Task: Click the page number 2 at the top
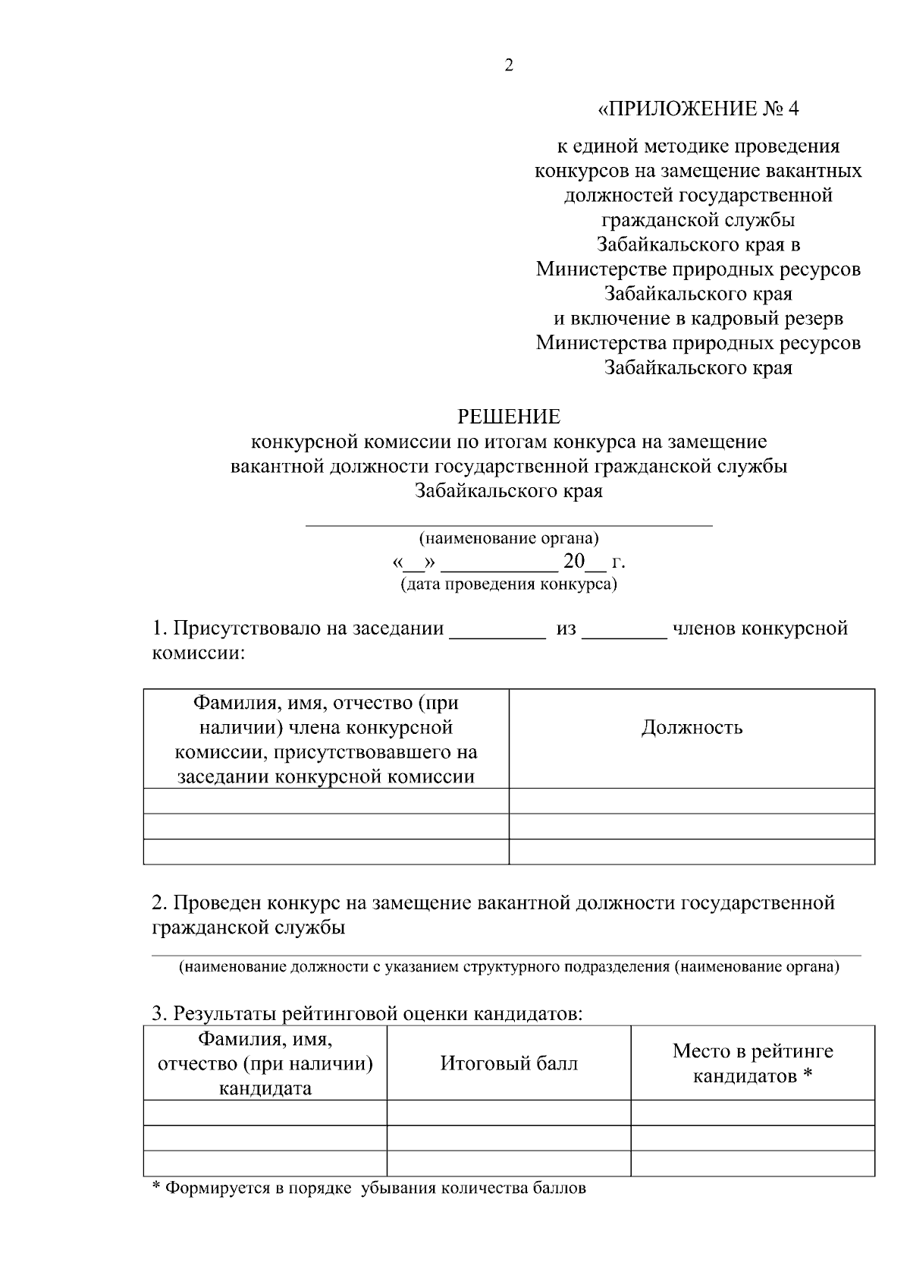pos(509,66)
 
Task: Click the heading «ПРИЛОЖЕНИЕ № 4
pos(698,109)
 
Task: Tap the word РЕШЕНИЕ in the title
pos(509,417)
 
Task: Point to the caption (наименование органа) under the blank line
pos(509,539)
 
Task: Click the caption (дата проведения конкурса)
pos(509,584)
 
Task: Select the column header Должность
pos(692,728)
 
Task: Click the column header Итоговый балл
pos(509,1063)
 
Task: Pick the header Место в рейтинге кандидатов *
pos(752,1063)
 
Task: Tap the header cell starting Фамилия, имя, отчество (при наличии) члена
pos(326,739)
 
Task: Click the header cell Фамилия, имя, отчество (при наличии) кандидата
pos(265,1063)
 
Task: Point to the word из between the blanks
pos(566,629)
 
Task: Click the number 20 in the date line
pos(574,562)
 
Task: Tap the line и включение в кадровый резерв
pos(698,318)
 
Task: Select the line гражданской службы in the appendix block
pos(698,220)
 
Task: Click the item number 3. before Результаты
pos(159,1013)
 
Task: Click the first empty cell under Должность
pos(692,801)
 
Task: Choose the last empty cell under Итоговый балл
pos(509,1164)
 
